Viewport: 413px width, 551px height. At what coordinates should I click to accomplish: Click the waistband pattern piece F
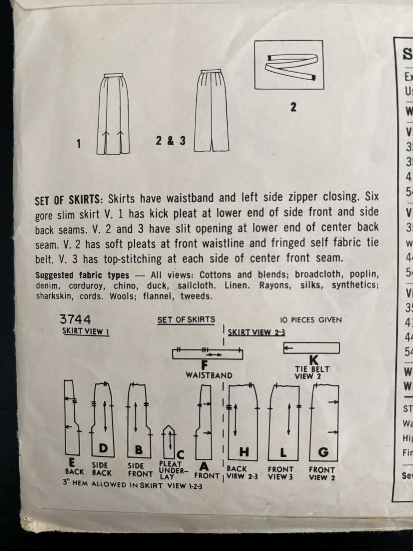click(208, 355)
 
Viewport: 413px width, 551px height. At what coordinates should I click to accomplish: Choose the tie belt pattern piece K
click(312, 348)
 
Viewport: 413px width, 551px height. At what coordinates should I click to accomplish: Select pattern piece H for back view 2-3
click(243, 422)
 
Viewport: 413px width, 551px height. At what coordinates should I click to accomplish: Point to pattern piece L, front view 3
click(284, 422)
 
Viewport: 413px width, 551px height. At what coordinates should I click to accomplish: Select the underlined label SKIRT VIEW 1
click(86, 332)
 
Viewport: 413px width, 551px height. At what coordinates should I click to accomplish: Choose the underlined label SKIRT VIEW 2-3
click(256, 332)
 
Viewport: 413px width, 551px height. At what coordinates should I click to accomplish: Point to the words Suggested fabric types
click(82, 275)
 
